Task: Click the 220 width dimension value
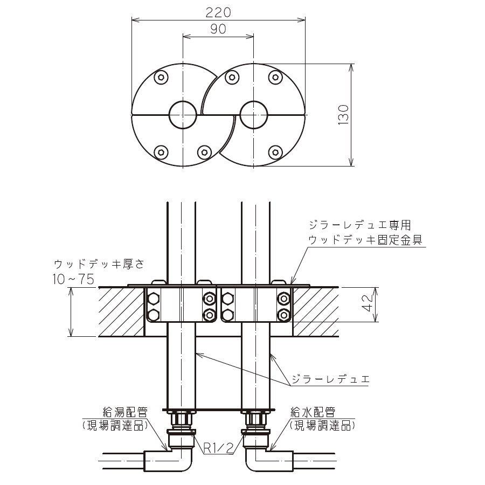(x=218, y=11)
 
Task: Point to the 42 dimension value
(x=366, y=304)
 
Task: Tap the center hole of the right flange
(x=253, y=114)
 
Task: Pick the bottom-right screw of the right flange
(x=275, y=152)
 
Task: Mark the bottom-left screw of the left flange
(x=160, y=152)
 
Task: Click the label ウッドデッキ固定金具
(x=365, y=238)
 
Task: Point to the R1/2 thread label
(x=218, y=447)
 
